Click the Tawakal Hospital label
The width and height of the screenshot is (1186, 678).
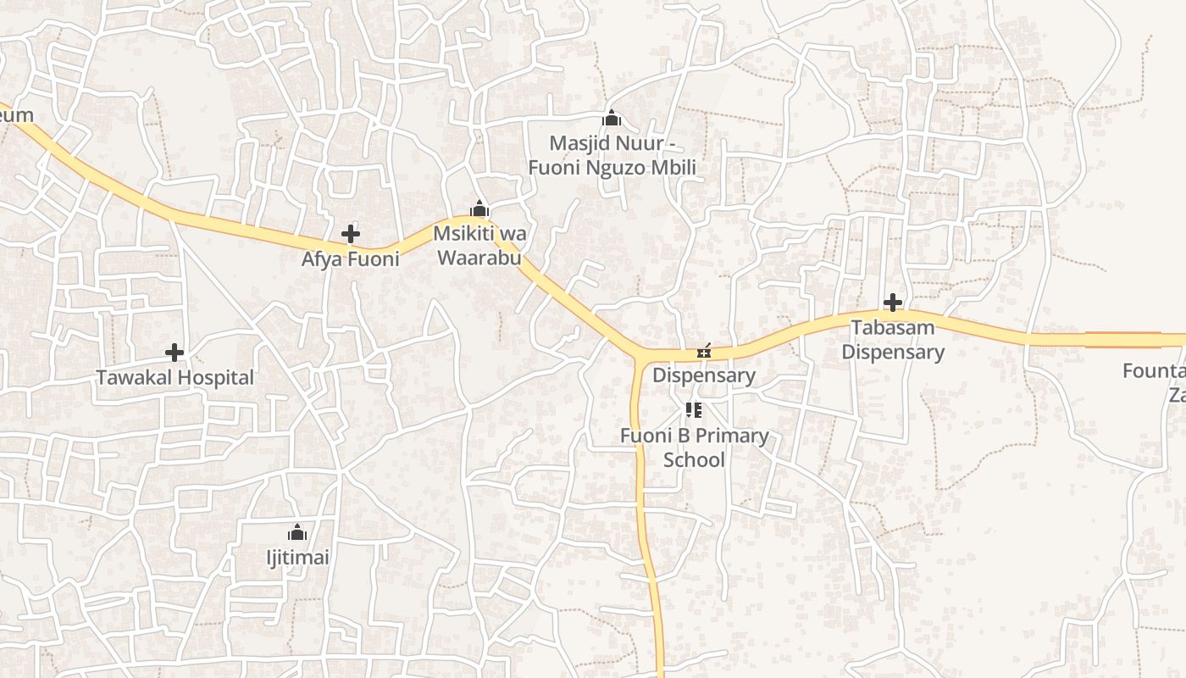pos(175,378)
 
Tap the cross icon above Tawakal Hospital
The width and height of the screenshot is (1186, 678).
pos(175,352)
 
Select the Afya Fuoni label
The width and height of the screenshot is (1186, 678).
pos(350,259)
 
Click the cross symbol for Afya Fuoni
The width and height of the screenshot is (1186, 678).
pos(350,234)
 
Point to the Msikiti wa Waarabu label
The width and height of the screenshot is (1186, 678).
pos(479,245)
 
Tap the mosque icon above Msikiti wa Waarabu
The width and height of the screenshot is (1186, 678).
pos(479,208)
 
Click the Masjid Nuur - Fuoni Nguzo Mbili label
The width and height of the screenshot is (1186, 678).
pos(612,155)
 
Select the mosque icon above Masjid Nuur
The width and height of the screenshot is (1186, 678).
pos(612,118)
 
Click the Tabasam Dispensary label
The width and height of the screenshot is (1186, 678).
pos(893,339)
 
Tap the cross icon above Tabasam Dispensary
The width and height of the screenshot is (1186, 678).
pos(892,303)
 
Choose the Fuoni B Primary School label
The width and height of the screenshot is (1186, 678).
pos(695,447)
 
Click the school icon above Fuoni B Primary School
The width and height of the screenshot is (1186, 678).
pos(694,411)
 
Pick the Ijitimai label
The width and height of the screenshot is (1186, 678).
pos(296,559)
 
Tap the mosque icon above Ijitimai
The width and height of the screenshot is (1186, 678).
pos(296,532)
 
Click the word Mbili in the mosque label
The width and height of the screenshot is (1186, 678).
pos(669,168)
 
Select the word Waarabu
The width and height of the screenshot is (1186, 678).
pos(479,258)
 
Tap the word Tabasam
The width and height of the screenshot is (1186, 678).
pos(893,327)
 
